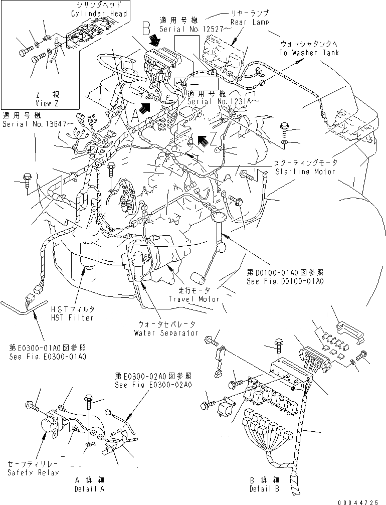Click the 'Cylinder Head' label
pyautogui.click(x=103, y=14)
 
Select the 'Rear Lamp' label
pyautogui.click(x=249, y=22)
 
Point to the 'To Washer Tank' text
pyautogui.click(x=316, y=53)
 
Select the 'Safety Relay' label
pyautogui.click(x=33, y=472)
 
